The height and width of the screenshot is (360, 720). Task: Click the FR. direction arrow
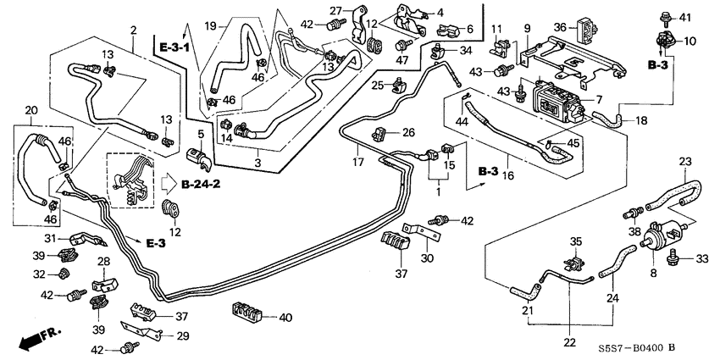(32, 339)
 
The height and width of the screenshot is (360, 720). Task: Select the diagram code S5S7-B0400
(628, 347)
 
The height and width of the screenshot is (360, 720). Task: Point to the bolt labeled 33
(674, 259)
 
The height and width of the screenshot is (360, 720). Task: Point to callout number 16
(508, 176)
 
